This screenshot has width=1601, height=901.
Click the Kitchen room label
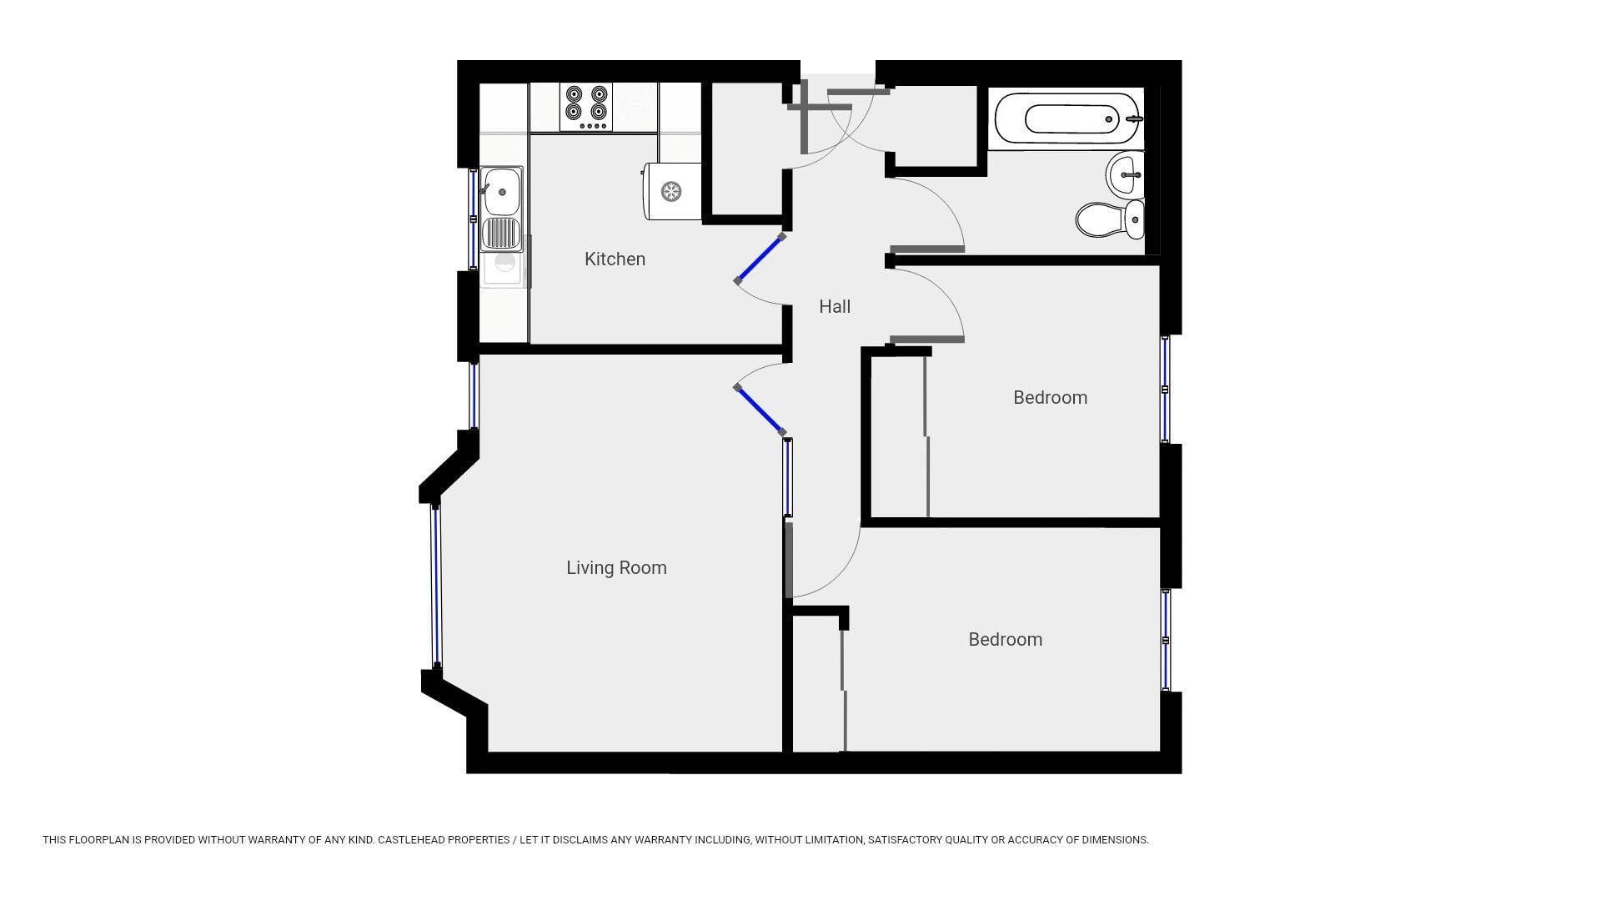(615, 259)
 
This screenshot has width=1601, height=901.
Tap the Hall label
(834, 307)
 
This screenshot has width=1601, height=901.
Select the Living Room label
(616, 568)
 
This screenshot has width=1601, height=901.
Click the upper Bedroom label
(1050, 398)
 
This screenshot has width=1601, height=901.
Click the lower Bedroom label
(1005, 640)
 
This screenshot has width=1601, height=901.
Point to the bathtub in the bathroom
(1067, 119)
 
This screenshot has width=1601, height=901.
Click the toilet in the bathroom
(1109, 219)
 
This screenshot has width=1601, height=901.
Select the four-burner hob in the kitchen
(586, 107)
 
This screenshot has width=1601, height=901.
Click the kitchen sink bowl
(502, 191)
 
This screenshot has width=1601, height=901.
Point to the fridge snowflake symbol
(671, 192)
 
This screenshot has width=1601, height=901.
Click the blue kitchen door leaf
(760, 259)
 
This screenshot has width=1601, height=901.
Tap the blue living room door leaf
(760, 410)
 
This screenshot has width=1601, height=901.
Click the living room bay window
(435, 586)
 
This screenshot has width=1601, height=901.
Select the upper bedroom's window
(1165, 389)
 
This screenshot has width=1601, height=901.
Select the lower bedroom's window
(1165, 640)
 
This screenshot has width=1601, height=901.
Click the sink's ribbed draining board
(501, 234)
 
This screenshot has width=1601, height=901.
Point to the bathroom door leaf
(927, 249)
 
